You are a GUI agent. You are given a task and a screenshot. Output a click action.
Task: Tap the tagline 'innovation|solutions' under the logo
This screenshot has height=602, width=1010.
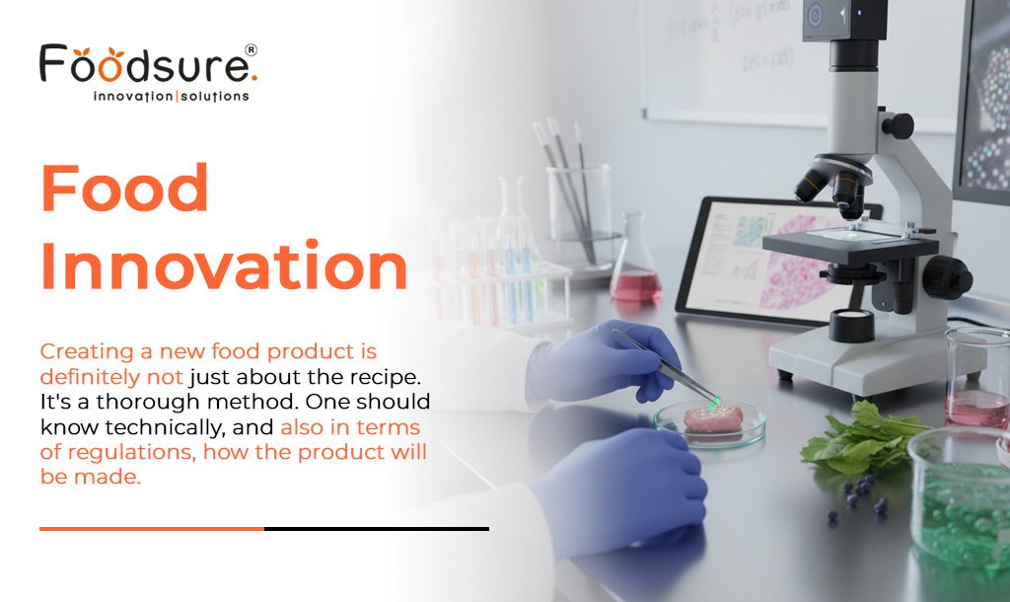[x=170, y=97]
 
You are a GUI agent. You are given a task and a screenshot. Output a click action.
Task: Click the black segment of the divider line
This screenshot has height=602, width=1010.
[x=376, y=529]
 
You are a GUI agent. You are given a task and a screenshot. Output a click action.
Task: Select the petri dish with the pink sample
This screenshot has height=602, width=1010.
[x=710, y=421]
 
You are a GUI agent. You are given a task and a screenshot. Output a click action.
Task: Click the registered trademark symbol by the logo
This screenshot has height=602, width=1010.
[x=251, y=48]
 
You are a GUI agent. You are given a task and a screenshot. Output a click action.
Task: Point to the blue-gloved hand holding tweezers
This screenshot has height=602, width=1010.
[x=601, y=364]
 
